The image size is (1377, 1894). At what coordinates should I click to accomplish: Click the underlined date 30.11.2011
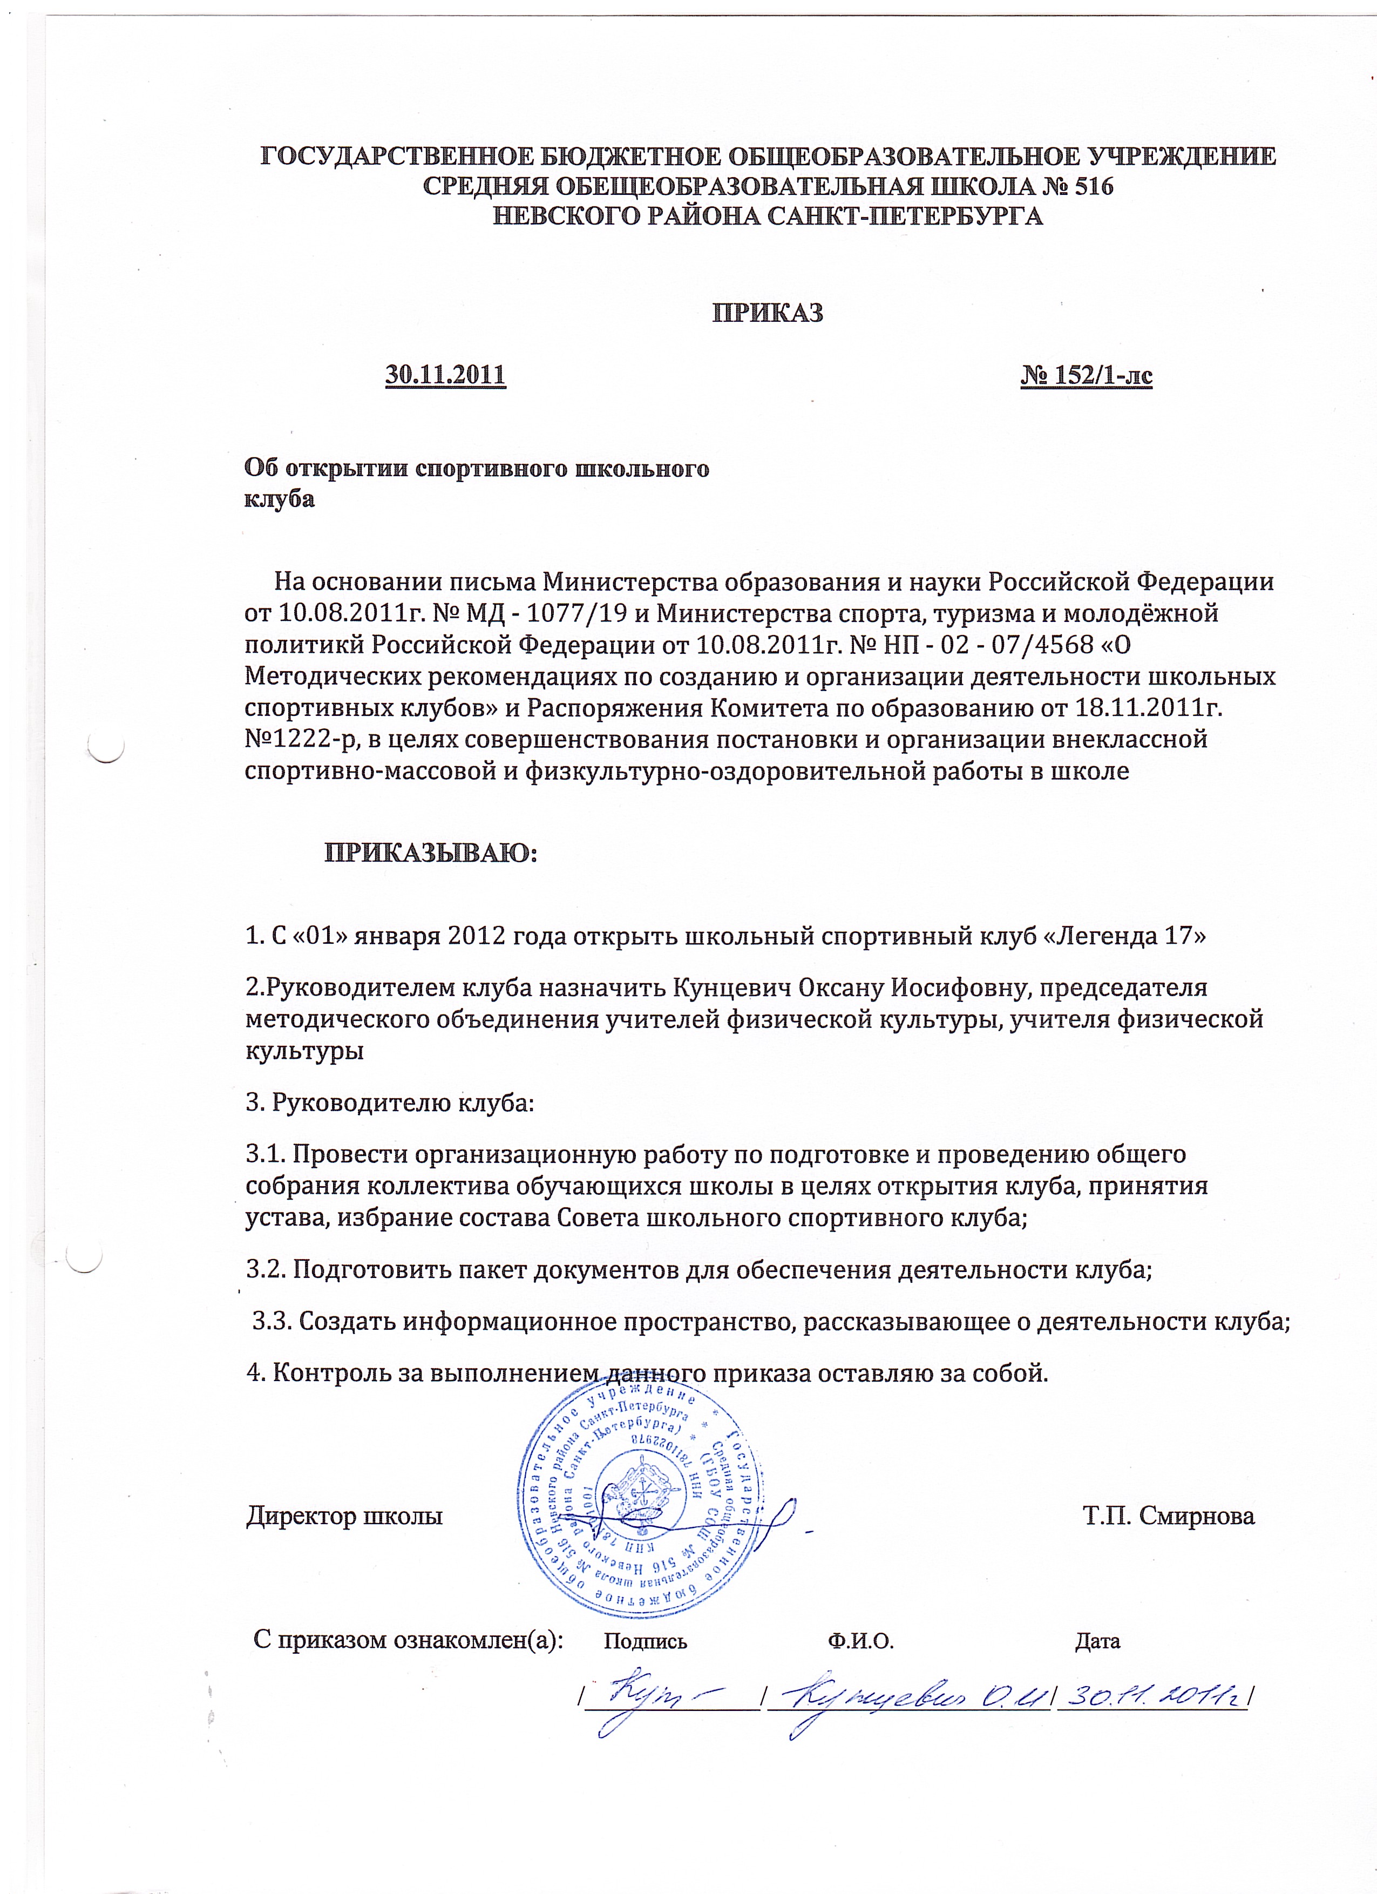pyautogui.click(x=445, y=375)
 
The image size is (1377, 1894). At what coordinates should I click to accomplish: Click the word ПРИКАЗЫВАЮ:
pyautogui.click(x=431, y=853)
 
